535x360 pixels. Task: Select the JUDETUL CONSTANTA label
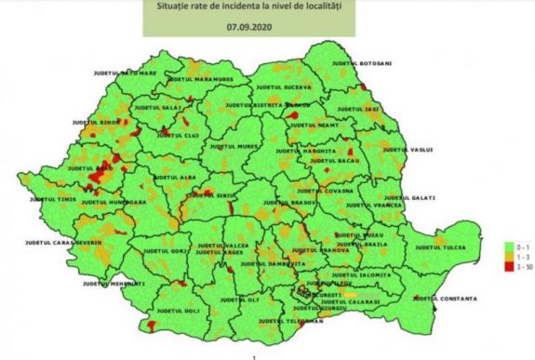(x=446, y=299)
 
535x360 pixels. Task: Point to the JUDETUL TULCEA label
(x=438, y=247)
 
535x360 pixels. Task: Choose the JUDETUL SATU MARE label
(x=125, y=71)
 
